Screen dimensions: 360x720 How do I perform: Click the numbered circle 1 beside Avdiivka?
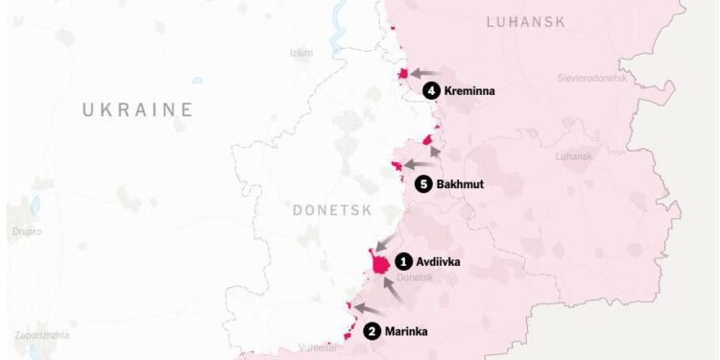pos(404,261)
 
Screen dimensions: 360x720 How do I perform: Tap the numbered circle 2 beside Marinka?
pos(372,332)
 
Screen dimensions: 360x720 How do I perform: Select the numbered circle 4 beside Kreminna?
pos(431,90)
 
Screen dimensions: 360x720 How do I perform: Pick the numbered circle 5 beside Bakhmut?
pos(423,183)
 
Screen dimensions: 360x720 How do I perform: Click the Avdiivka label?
pos(439,261)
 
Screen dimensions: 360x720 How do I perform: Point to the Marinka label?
pos(406,332)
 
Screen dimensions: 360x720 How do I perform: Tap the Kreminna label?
pos(469,90)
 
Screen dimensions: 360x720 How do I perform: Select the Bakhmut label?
pos(461,183)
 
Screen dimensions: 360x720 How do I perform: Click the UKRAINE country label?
pos(137,109)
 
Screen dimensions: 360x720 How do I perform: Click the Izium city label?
pos(300,53)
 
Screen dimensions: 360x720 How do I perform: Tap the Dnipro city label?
pos(28,231)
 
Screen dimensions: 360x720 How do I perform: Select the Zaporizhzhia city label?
pos(41,335)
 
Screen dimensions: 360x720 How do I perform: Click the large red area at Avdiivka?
pos(380,262)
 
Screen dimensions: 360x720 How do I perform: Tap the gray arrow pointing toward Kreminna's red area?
pos(426,73)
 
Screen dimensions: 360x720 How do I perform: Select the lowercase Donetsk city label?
pos(441,277)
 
